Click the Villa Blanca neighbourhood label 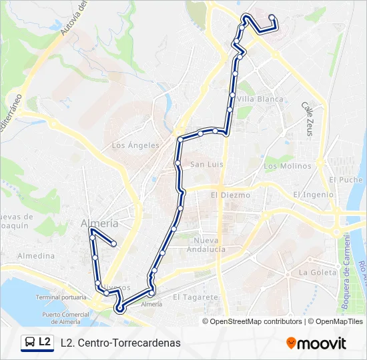(x=260, y=99)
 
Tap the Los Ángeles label (x=135, y=145)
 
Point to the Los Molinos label (x=288, y=166)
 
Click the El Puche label (x=346, y=180)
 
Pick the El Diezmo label (x=230, y=195)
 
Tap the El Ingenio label (x=313, y=195)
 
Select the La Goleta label (x=318, y=273)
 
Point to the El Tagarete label (x=196, y=297)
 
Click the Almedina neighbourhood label (x=36, y=256)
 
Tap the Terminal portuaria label (x=61, y=297)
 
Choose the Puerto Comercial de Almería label (x=66, y=317)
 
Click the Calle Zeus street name (x=307, y=119)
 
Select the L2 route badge (x=37, y=343)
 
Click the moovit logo (x=316, y=343)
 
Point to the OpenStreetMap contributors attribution (x=256, y=321)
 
